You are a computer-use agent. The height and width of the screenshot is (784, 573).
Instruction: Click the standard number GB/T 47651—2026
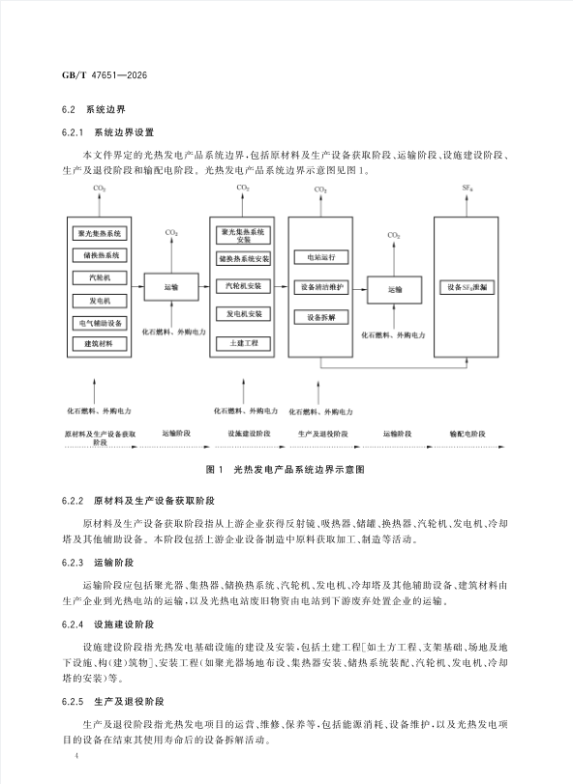point(105,75)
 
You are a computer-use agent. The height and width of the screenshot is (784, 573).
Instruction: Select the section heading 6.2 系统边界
point(94,110)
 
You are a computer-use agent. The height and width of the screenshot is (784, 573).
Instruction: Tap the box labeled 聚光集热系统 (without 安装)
point(100,234)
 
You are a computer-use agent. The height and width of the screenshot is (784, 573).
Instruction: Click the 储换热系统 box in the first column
point(100,255)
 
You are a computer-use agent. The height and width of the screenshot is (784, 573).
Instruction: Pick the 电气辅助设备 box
point(100,323)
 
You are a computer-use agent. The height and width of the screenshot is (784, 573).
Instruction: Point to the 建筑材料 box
point(100,344)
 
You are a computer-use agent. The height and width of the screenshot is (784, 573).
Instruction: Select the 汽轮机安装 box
point(243,286)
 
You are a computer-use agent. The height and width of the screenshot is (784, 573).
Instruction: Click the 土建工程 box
point(243,343)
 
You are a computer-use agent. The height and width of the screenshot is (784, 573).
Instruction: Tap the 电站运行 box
point(321,257)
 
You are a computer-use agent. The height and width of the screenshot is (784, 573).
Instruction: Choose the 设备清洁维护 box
point(321,287)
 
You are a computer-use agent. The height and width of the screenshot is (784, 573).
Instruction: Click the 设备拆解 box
point(321,317)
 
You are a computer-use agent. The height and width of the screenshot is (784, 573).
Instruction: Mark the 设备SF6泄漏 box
point(467,287)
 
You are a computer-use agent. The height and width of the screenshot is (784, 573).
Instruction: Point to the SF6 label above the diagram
point(467,189)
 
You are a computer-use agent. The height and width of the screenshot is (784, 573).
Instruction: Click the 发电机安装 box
point(243,314)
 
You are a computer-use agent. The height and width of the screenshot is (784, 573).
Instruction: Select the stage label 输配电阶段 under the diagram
point(467,433)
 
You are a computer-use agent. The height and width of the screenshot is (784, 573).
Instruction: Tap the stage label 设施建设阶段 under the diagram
point(249,433)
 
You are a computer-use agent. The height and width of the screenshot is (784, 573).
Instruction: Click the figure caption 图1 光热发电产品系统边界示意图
point(286,470)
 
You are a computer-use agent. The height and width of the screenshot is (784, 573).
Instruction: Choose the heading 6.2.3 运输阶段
point(98,563)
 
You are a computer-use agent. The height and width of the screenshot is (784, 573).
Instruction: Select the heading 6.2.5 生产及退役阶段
point(113,702)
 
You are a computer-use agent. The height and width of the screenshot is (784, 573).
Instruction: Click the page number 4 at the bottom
point(76,755)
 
